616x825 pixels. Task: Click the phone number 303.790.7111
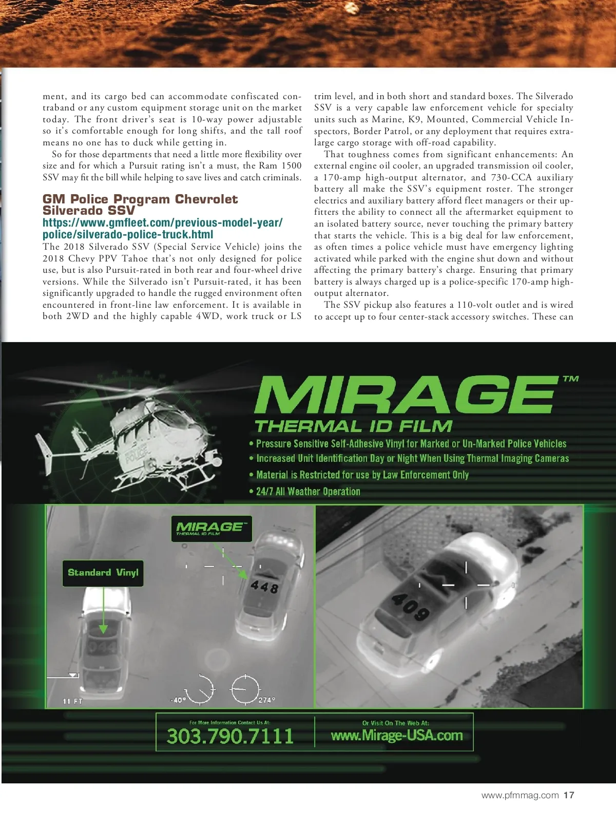[230, 736]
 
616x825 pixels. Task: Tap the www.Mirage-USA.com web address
[397, 736]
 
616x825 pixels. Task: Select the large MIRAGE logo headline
[405, 395]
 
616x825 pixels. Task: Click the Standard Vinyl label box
[103, 573]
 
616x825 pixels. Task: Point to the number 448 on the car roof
[265, 586]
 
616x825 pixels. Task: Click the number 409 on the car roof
[410, 607]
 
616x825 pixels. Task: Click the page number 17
[569, 795]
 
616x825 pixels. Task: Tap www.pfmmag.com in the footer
[520, 795]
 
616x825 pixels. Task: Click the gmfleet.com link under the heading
[162, 229]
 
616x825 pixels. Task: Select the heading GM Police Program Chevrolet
[140, 199]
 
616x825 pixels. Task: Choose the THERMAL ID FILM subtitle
[353, 426]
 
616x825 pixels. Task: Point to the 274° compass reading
[267, 700]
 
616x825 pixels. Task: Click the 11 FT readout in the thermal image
[72, 701]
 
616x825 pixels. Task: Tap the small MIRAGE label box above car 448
[211, 529]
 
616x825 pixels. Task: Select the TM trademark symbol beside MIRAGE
[570, 379]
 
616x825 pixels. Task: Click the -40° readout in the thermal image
[178, 700]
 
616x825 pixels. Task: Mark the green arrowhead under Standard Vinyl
[103, 628]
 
